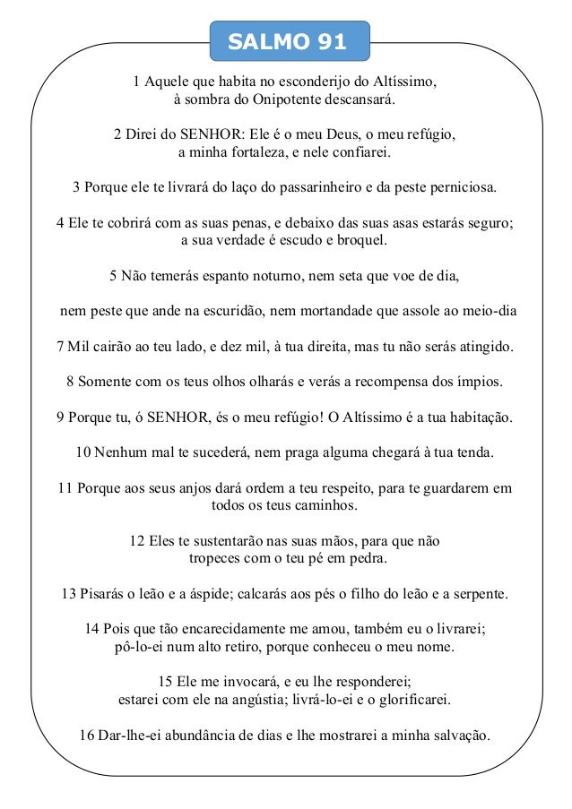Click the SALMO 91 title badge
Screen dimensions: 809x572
coord(288,40)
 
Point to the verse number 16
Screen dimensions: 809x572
coord(88,736)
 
